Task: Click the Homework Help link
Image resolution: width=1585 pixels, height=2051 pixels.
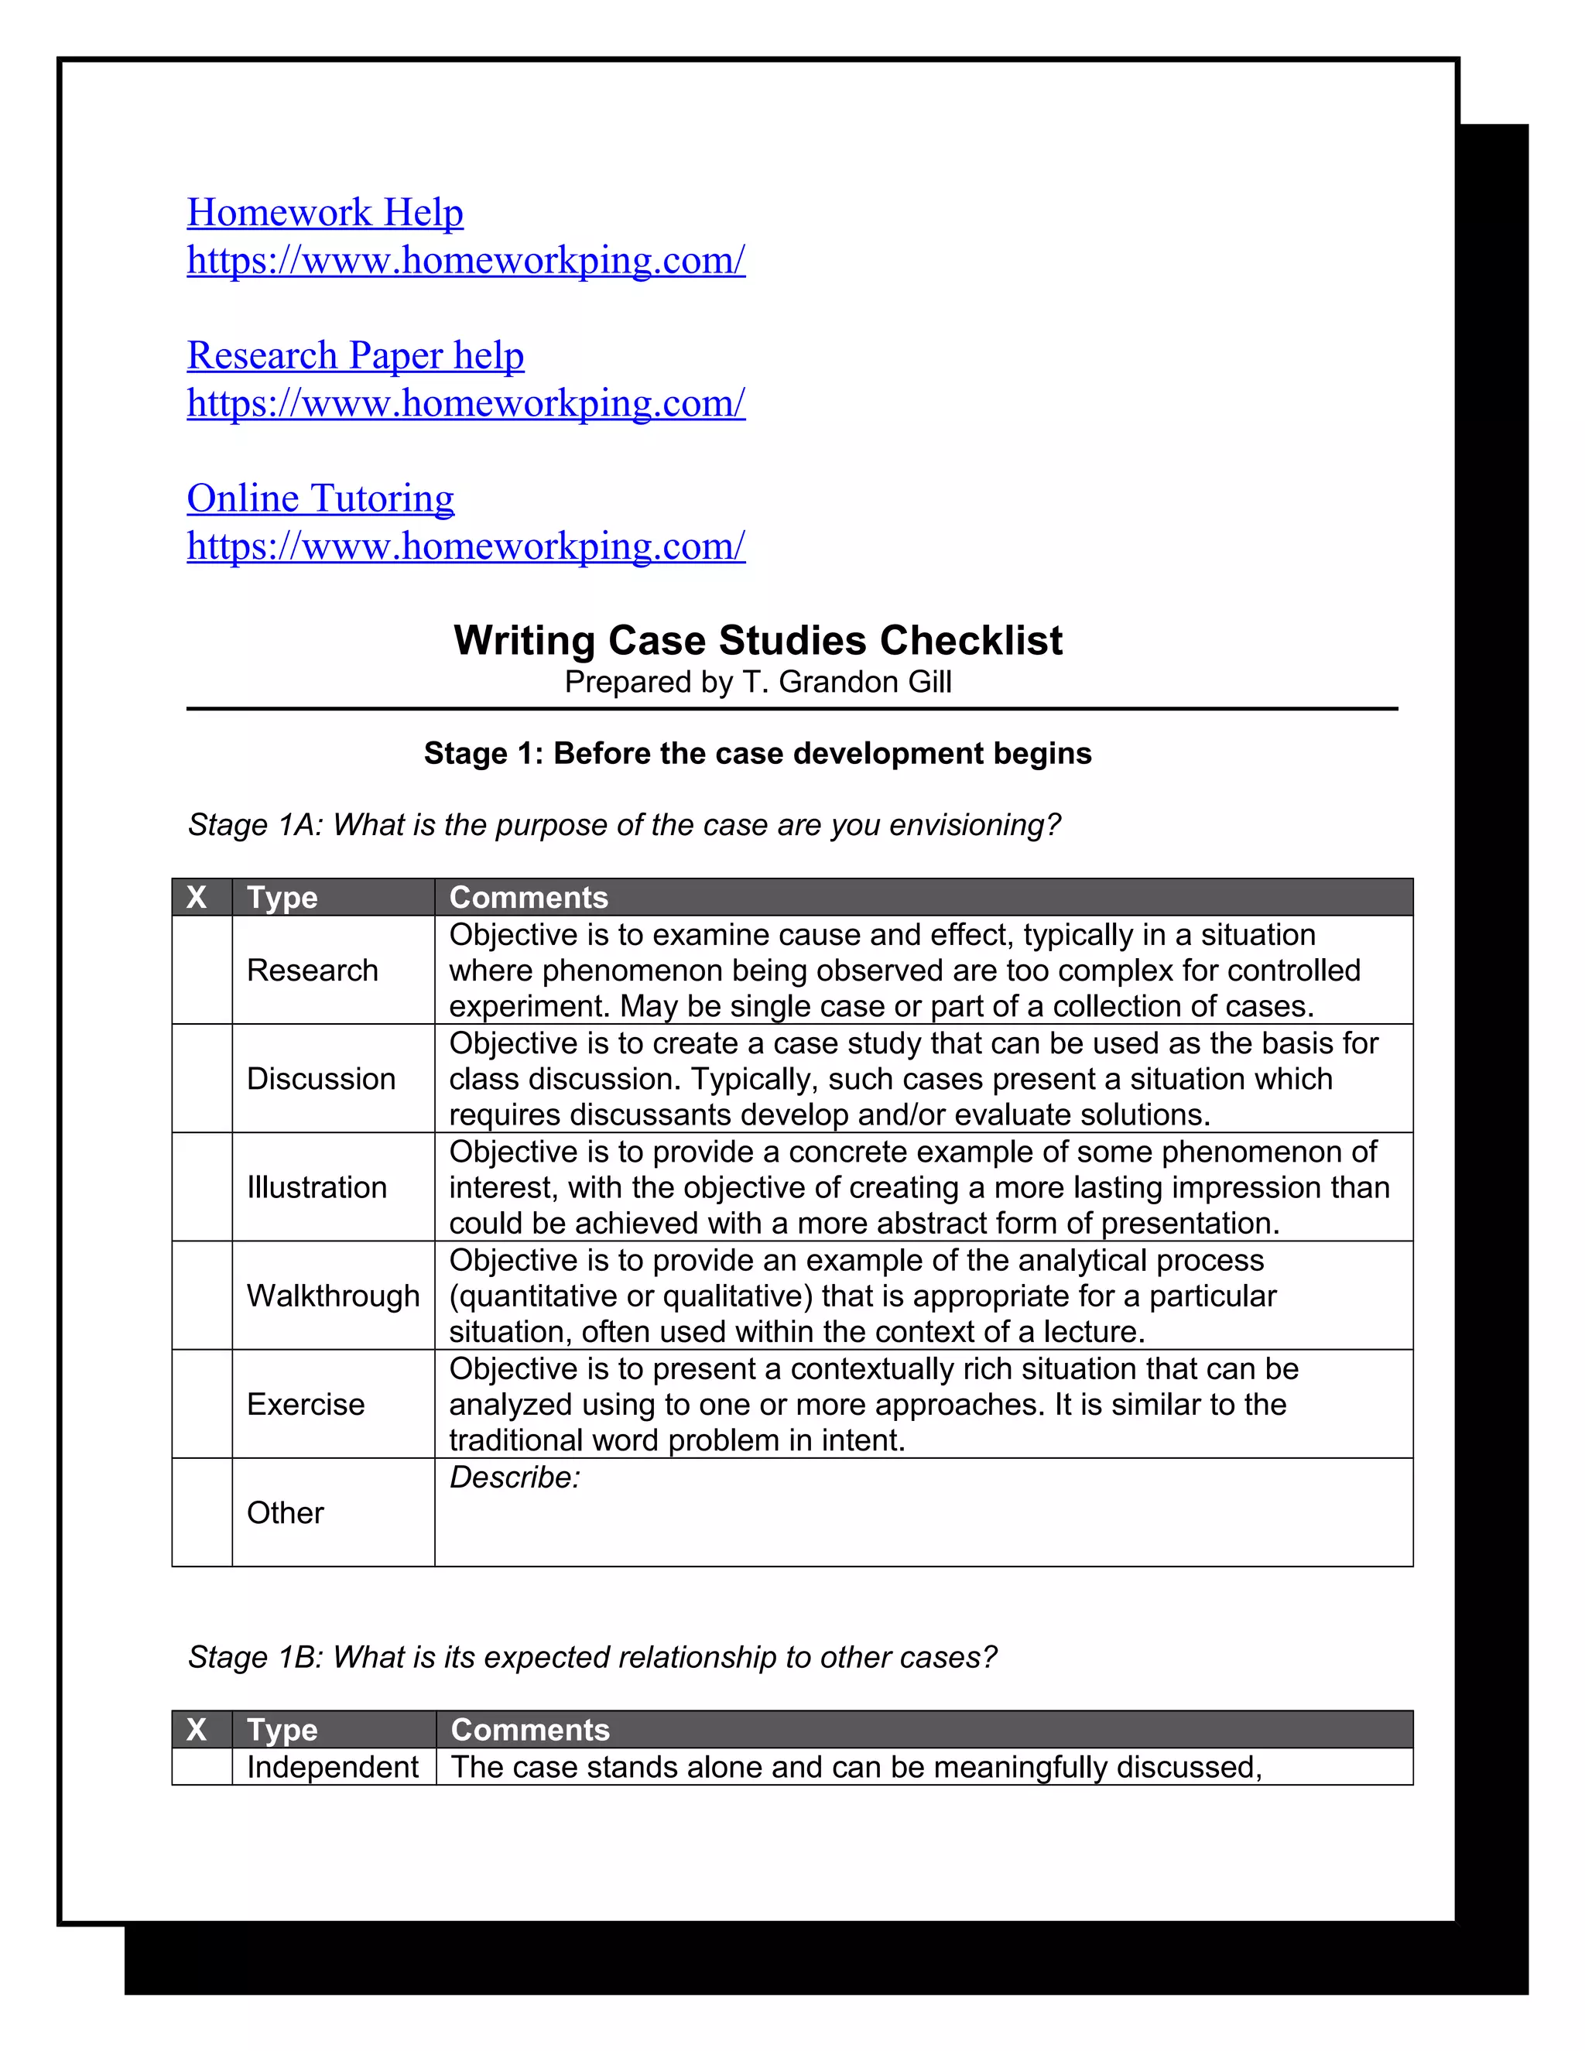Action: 325,213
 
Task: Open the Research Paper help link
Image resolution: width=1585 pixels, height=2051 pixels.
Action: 355,356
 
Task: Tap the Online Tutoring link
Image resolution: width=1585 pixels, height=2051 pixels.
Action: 320,498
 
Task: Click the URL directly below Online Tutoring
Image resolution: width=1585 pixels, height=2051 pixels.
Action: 466,546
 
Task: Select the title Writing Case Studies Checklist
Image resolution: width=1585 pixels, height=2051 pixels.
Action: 758,641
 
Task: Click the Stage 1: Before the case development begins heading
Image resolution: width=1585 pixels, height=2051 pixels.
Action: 758,753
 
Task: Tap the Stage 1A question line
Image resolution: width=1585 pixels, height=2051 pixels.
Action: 624,824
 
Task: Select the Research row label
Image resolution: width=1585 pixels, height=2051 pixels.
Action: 312,970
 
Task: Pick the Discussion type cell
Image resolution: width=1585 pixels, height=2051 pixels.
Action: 320,1079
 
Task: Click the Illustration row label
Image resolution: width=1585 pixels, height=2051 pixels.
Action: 317,1188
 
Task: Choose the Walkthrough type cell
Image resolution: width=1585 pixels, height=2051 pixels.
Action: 332,1296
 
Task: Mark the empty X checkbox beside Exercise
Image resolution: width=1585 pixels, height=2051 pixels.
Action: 202,1404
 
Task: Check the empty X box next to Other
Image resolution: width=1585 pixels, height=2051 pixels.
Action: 202,1513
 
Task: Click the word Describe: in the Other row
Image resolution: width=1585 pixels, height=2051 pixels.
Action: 515,1478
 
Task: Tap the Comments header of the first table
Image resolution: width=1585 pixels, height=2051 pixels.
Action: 529,898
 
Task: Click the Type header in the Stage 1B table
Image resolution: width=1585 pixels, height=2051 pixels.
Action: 282,1730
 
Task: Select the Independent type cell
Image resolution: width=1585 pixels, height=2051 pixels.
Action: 332,1768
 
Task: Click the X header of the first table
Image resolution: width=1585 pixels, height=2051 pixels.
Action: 197,898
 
